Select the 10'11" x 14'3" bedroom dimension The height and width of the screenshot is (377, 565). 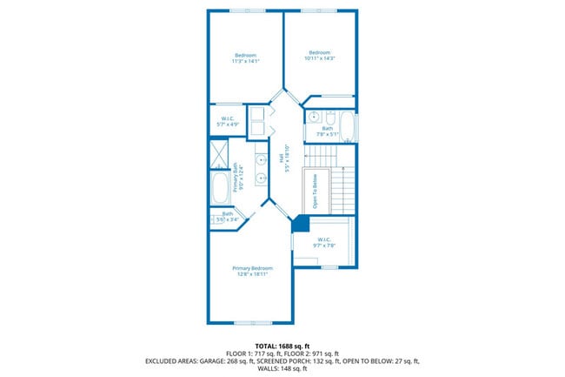[319, 57]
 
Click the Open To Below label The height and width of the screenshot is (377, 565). [313, 192]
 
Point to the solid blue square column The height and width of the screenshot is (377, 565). [300, 225]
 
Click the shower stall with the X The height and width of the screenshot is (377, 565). [218, 155]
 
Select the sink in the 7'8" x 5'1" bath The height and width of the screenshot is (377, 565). [314, 118]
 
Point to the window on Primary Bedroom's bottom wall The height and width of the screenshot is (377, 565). [250, 323]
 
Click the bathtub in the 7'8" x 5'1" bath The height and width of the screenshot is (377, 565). [348, 126]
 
